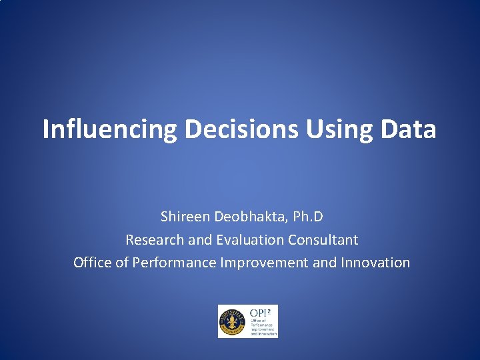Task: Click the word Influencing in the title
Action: (x=109, y=129)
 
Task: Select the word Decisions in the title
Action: (x=242, y=129)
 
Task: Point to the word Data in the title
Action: (x=408, y=129)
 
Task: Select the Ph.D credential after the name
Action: (x=307, y=217)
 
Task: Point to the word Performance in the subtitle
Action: (x=174, y=263)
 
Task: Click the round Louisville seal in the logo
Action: (x=233, y=321)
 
